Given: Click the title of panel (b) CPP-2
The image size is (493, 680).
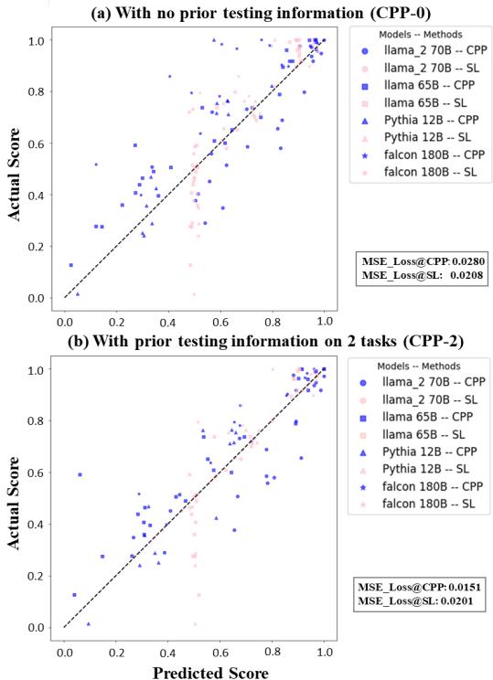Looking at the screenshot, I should (x=248, y=342).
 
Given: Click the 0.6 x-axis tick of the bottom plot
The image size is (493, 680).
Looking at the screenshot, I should (x=220, y=653).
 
